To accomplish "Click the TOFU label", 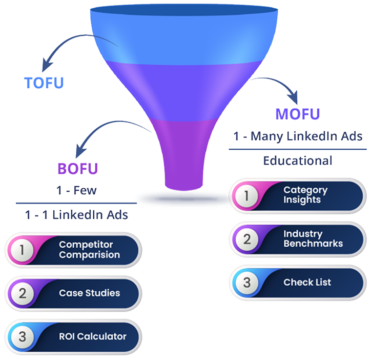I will tap(44, 83).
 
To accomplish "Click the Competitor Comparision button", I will tap(74, 250).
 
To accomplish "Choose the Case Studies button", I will tap(74, 293).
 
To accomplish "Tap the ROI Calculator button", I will tap(74, 336).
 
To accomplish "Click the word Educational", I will tap(298, 161).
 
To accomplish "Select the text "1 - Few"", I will tap(77, 191).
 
